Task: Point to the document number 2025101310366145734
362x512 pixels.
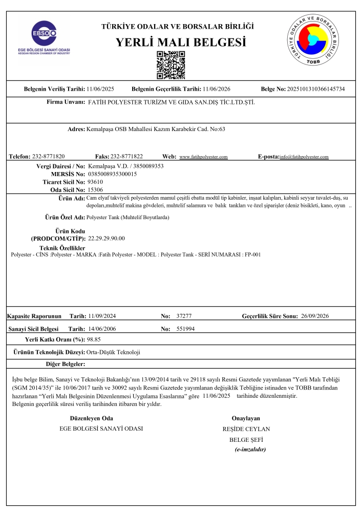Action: (x=316, y=89)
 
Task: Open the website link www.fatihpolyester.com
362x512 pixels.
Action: (x=203, y=157)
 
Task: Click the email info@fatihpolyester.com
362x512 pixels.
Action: (x=305, y=157)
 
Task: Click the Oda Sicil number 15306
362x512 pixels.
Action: (x=96, y=189)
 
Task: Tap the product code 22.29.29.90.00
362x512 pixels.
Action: (x=107, y=238)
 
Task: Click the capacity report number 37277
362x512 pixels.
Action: (x=183, y=317)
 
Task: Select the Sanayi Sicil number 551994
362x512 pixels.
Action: (x=185, y=328)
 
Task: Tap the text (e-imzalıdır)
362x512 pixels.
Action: (x=250, y=449)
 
